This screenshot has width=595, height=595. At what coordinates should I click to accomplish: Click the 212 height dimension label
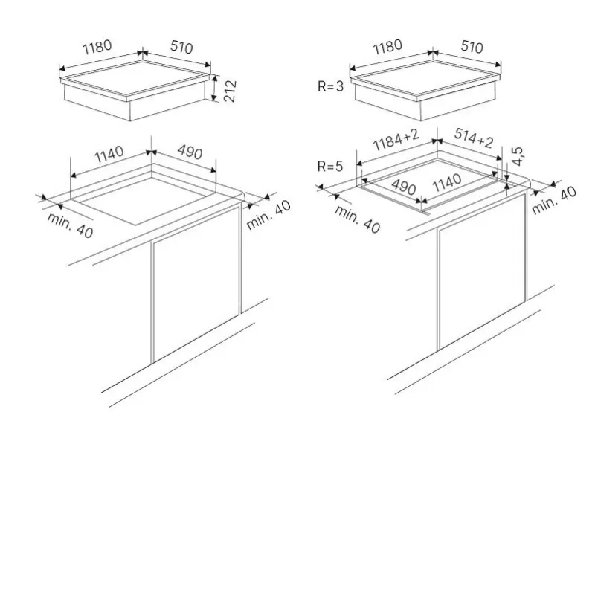(230, 91)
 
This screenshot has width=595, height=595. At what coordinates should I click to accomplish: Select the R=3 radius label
(330, 86)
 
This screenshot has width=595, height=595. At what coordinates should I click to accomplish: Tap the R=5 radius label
(330, 166)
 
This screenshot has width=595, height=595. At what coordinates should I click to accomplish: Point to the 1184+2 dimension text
(396, 140)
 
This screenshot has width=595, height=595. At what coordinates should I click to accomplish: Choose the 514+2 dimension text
(474, 138)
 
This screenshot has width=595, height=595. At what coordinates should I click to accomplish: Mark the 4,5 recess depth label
(518, 156)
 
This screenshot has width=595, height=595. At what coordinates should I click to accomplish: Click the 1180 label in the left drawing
(97, 47)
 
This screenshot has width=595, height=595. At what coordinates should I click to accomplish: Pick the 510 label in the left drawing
(181, 47)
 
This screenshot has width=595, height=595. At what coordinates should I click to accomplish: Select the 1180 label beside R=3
(387, 47)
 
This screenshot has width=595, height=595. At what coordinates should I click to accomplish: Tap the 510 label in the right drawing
(472, 47)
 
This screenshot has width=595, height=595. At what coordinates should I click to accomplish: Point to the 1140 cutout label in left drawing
(109, 154)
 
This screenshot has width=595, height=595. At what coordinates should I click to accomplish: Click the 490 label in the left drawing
(190, 152)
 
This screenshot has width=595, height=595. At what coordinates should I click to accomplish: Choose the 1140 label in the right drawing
(447, 183)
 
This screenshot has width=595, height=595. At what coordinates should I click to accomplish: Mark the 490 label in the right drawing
(404, 187)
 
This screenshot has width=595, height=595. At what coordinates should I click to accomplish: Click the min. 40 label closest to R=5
(357, 219)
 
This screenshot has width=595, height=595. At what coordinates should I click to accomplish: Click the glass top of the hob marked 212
(135, 77)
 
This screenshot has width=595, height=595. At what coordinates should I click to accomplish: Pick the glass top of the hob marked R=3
(425, 77)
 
